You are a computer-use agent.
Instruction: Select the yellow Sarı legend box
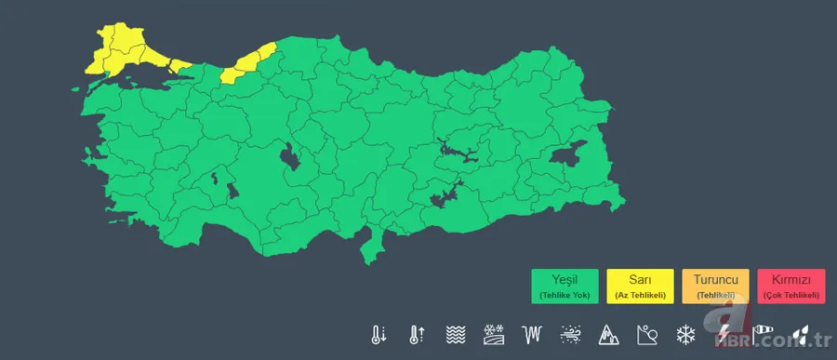pyautogui.click(x=639, y=286)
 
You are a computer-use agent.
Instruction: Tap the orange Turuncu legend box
pyautogui.click(x=715, y=286)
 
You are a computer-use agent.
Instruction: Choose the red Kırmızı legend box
pyautogui.click(x=791, y=286)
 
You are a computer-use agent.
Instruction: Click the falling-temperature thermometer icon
pyautogui.click(x=379, y=334)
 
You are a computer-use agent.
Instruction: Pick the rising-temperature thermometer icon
pyautogui.click(x=416, y=334)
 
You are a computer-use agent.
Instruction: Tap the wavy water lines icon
pyautogui.click(x=455, y=334)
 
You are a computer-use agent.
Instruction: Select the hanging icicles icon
pyautogui.click(x=532, y=334)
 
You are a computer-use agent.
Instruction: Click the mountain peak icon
pyautogui.click(x=608, y=334)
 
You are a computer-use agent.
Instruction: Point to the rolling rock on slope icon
pyautogui.click(x=647, y=334)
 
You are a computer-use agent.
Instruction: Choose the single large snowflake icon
pyautogui.click(x=686, y=334)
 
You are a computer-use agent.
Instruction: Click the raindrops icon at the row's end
pyautogui.click(x=802, y=334)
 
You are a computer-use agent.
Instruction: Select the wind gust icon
pyautogui.click(x=570, y=334)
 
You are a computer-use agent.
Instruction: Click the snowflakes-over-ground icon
pyautogui.click(x=493, y=334)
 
